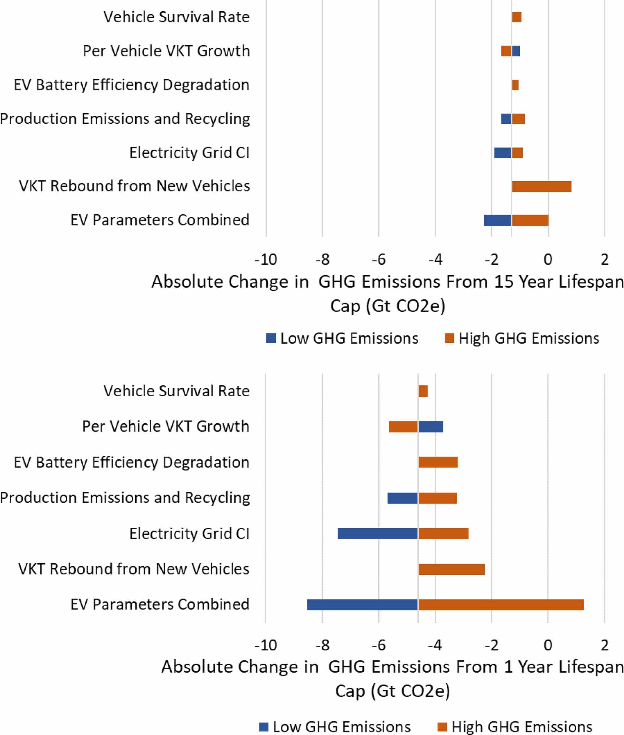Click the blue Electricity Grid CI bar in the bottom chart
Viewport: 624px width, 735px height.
coord(378,533)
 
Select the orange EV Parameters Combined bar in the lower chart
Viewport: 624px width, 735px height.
coord(501,605)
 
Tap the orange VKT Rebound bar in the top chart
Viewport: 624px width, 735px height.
coord(542,187)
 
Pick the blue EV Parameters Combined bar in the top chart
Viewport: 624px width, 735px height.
coord(498,220)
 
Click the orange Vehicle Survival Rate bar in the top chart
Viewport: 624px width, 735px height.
coord(517,17)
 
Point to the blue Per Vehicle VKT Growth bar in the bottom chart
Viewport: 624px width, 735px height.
coord(431,427)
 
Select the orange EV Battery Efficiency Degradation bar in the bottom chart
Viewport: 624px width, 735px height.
coord(438,462)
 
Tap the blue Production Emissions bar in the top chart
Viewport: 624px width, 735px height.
coord(506,119)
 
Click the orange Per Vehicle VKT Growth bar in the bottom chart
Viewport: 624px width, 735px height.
coord(403,427)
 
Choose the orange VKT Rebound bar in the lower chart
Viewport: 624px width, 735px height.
coord(451,569)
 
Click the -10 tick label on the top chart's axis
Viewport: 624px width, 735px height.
coord(266,260)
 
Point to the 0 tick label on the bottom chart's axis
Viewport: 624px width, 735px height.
coord(548,645)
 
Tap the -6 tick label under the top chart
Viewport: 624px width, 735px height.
coord(379,260)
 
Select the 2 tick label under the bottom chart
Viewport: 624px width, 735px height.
coord(604,645)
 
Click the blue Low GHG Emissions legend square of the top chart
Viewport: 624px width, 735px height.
coord(271,338)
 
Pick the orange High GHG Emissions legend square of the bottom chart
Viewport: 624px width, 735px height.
coord(442,727)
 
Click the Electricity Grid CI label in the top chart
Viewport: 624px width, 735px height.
coord(189,153)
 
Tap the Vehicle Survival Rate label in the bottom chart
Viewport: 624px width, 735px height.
coord(177,391)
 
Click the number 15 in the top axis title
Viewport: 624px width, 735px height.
coord(504,282)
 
